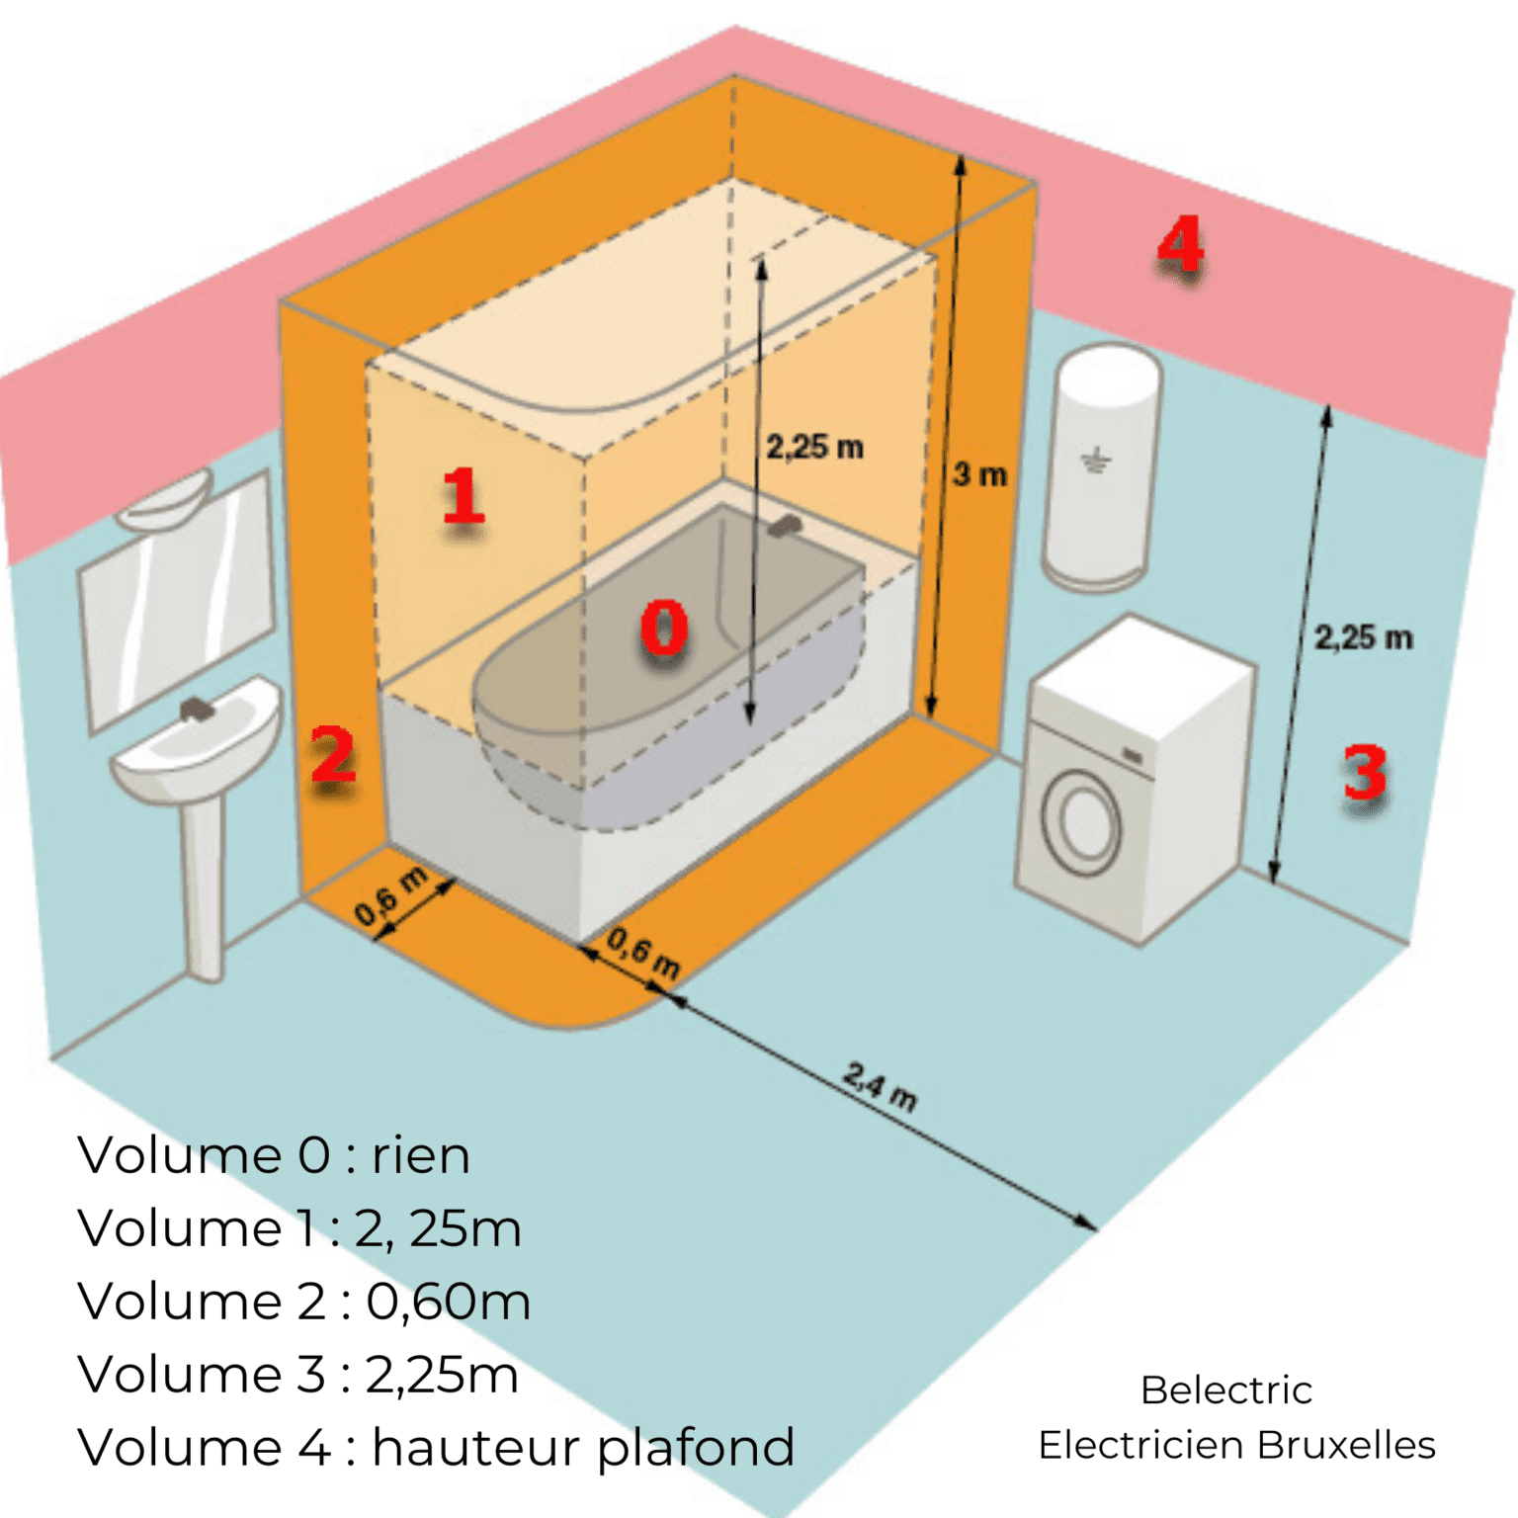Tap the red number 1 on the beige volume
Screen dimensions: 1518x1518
tap(463, 496)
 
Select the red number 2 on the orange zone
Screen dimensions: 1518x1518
tap(333, 755)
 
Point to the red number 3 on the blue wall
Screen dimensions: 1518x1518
tap(1365, 773)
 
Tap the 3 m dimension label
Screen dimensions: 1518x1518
tap(979, 475)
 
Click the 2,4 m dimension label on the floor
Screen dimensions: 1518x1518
tap(880, 1086)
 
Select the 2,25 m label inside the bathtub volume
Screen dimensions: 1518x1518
tap(814, 448)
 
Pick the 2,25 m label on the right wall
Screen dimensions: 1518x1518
tap(1363, 637)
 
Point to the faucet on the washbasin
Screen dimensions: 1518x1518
tap(197, 709)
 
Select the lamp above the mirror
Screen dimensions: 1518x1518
tap(166, 499)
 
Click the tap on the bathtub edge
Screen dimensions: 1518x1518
tap(784, 526)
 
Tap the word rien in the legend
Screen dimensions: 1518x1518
tap(420, 1155)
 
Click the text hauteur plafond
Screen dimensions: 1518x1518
tap(583, 1448)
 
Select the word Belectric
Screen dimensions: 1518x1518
tap(1225, 1391)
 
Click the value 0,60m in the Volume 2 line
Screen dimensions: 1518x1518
tap(448, 1302)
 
